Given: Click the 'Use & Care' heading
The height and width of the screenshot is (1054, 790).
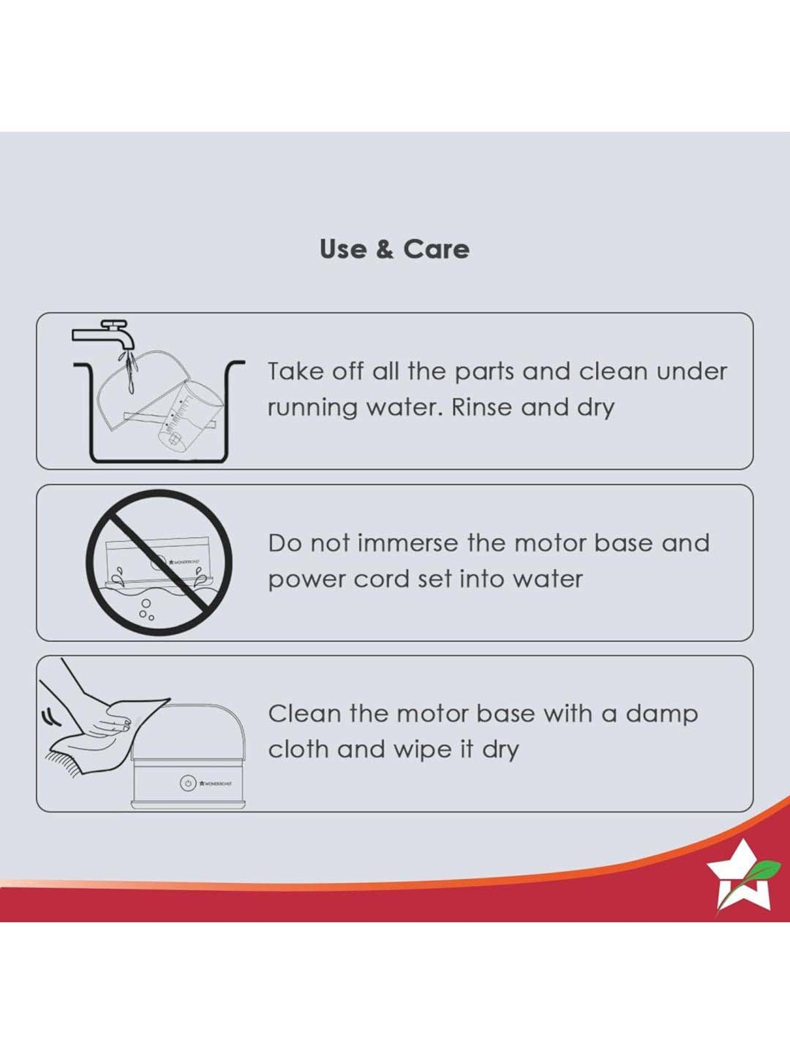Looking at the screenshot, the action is [x=394, y=249].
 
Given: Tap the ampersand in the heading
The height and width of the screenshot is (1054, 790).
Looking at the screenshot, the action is [x=385, y=249].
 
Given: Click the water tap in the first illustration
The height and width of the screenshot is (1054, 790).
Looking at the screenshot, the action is [x=106, y=334].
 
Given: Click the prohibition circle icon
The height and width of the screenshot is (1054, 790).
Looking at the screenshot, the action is [x=159, y=562].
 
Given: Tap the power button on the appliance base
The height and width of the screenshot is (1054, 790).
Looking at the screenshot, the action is [x=188, y=783].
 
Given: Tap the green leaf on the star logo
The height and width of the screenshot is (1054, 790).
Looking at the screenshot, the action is [x=764, y=866].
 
